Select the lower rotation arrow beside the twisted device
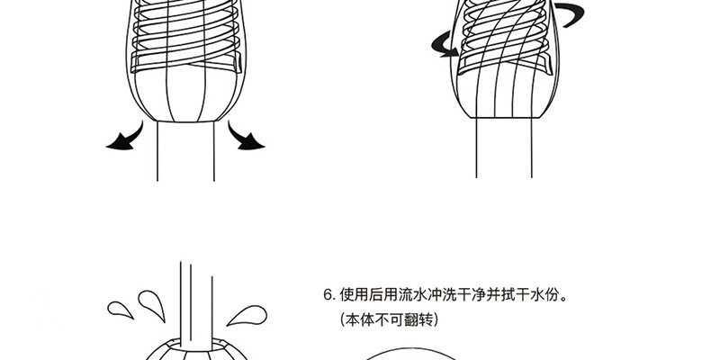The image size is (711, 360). click(x=442, y=46)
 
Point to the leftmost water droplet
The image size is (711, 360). click(x=120, y=310)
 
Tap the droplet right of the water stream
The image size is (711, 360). click(x=247, y=315)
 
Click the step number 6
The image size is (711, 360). click(x=328, y=295)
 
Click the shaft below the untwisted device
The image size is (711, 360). click(x=185, y=151)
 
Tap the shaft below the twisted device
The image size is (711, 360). click(x=504, y=148)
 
